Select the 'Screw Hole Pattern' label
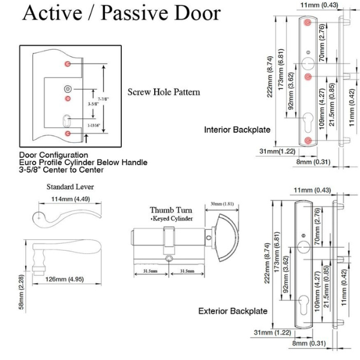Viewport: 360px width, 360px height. pos(164,92)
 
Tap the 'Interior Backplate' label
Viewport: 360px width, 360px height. pos(237,130)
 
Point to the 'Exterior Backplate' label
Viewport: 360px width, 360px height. pos(233,311)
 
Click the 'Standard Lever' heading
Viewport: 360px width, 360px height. pos(70,187)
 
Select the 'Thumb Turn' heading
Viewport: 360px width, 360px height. pos(171,210)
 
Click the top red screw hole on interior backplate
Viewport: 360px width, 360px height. pos(308,22)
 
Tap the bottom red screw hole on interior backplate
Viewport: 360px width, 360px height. pos(308,140)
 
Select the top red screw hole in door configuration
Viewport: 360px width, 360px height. pos(68,64)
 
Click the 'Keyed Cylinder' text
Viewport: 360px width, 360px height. pos(172,219)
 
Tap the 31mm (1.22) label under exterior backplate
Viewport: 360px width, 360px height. pos(271,332)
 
